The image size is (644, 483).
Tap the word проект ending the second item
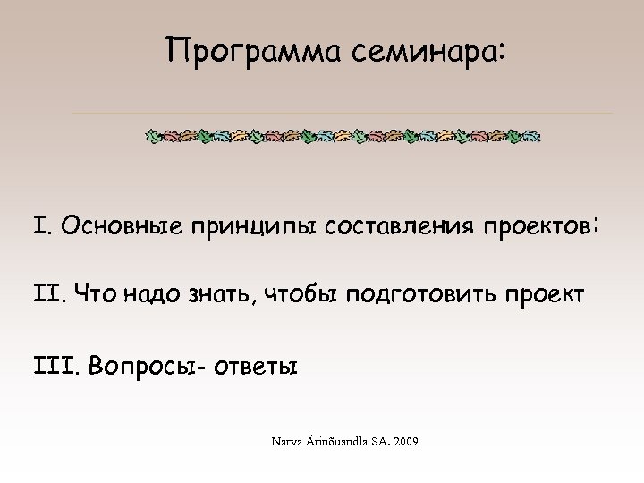click(x=543, y=293)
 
